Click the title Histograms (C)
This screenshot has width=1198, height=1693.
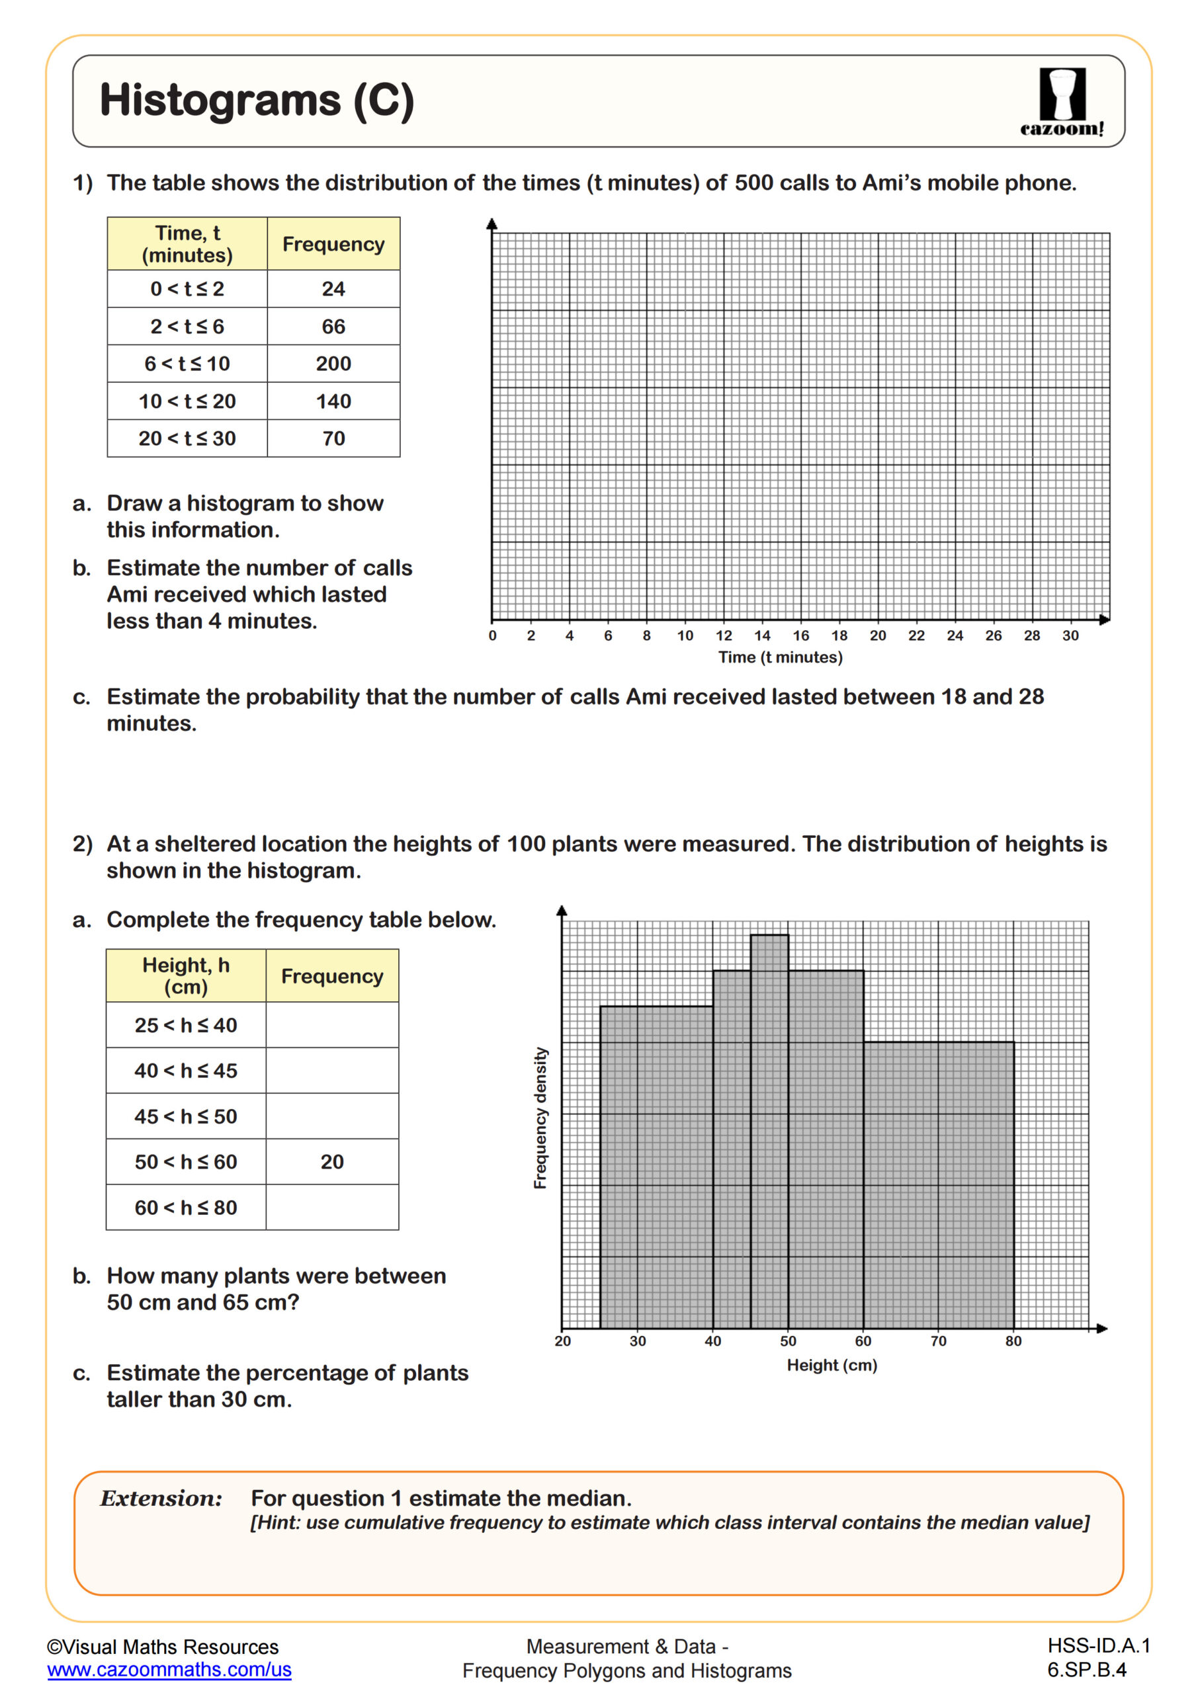[x=257, y=101]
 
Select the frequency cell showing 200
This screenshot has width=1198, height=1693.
[x=333, y=364]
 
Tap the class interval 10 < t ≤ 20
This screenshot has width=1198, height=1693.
[x=187, y=401]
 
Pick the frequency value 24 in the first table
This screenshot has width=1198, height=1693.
[x=333, y=289]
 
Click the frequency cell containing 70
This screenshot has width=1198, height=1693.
[x=333, y=438]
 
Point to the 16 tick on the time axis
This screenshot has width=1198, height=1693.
[x=800, y=636]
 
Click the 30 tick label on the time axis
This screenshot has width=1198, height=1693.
[x=1070, y=636]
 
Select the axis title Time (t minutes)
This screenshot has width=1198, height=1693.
[x=780, y=657]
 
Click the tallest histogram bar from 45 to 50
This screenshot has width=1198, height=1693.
[x=769, y=1128]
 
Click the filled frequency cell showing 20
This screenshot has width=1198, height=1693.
[x=332, y=1162]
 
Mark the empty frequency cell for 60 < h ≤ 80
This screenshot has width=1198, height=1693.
[x=332, y=1208]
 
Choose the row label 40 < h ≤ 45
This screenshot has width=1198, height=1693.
[x=186, y=1071]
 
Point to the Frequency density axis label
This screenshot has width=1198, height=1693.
[x=540, y=1117]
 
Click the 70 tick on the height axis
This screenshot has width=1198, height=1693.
[x=937, y=1341]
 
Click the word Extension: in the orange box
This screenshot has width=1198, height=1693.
[x=161, y=1499]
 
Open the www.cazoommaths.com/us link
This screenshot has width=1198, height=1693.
[x=169, y=1669]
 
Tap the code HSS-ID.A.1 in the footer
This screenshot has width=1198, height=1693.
[x=1097, y=1646]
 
